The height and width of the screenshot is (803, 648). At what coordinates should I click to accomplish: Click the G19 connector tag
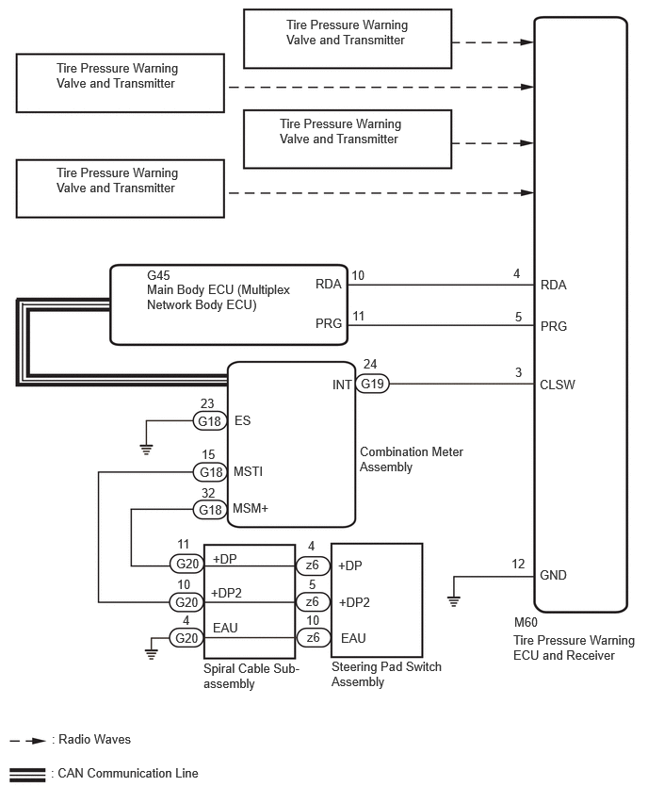[374, 384]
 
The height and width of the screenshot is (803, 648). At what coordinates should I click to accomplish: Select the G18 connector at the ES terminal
[208, 420]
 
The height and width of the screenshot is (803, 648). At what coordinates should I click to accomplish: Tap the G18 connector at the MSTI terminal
[208, 471]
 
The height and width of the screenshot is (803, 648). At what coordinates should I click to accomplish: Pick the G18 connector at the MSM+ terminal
[208, 509]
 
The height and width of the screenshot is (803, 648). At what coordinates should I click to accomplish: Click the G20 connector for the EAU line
[184, 637]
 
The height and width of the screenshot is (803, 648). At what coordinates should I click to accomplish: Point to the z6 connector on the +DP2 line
[311, 601]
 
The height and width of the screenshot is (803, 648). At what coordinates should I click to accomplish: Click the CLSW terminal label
[558, 385]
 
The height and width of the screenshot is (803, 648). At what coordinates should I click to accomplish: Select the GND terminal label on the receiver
[554, 575]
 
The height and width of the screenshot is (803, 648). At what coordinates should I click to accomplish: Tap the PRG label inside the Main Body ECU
[329, 324]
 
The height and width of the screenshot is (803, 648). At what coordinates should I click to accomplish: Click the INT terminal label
[342, 385]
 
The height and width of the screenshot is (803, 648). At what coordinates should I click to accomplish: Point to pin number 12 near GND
[518, 564]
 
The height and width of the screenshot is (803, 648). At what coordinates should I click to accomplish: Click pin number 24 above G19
[371, 365]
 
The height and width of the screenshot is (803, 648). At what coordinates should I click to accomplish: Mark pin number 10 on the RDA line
[357, 275]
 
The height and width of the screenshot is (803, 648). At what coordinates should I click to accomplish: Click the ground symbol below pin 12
[454, 599]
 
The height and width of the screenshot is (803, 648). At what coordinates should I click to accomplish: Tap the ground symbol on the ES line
[146, 449]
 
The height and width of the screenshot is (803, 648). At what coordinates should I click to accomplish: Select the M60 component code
[526, 623]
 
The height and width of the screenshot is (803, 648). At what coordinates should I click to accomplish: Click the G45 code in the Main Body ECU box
[158, 276]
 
